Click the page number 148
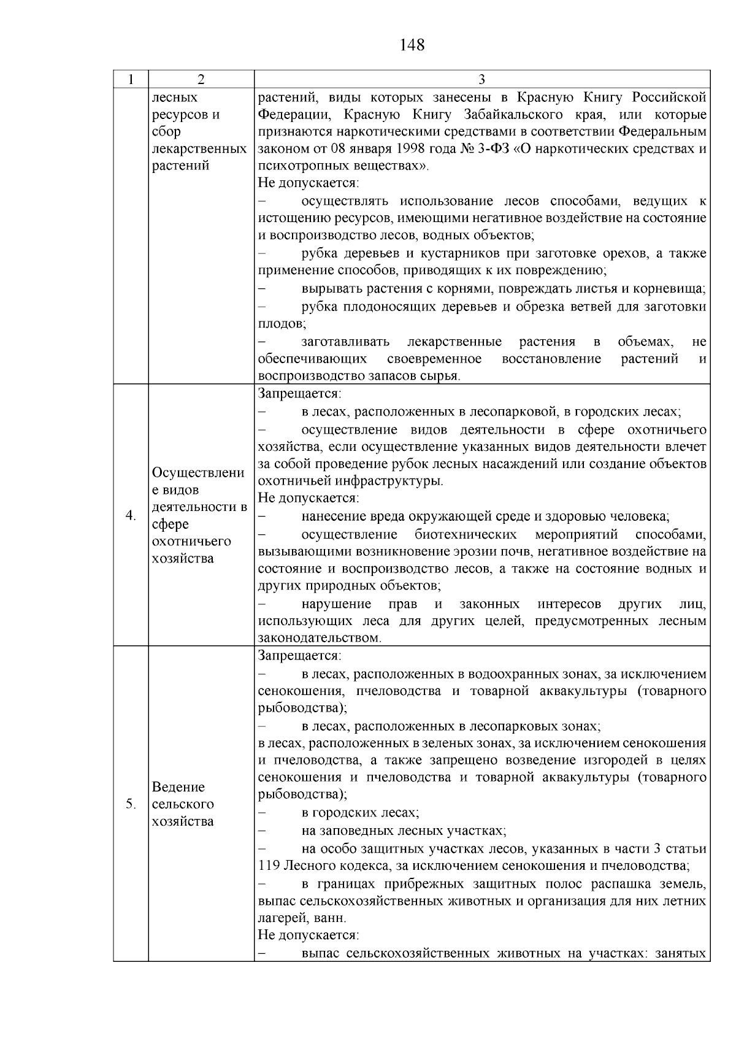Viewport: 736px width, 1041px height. pos(412,45)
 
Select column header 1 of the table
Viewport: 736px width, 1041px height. pos(131,80)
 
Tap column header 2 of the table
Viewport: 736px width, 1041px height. pos(201,80)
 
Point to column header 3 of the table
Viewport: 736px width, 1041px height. pos(482,80)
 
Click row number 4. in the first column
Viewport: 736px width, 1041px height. pos(131,515)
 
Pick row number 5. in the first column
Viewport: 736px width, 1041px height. pos(131,804)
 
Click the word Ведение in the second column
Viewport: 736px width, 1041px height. pos(178,787)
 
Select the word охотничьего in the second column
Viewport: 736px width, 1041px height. pos(191,542)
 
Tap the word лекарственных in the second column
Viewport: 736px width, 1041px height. pos(199,149)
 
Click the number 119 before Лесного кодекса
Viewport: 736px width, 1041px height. pos(269,866)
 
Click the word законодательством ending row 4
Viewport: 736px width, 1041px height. pos(320,639)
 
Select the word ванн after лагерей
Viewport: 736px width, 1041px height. pos(332,918)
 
